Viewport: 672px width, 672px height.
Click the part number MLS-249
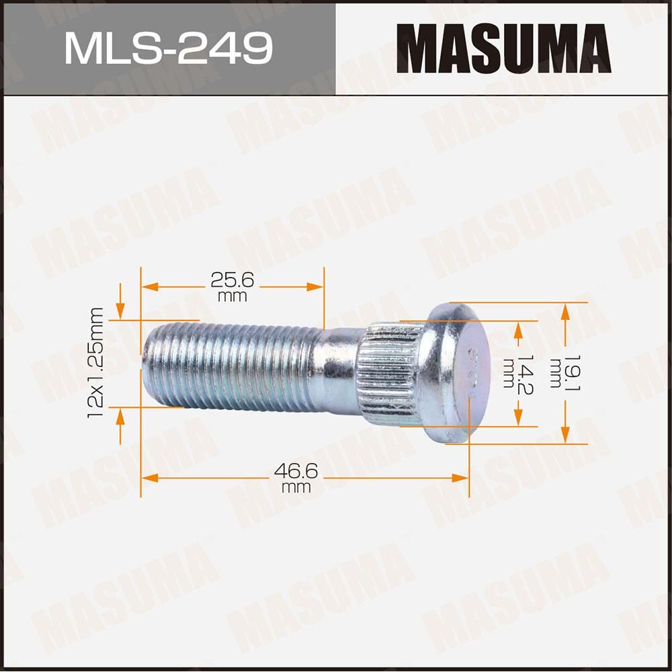(x=168, y=48)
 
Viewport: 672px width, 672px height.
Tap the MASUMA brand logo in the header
(x=503, y=48)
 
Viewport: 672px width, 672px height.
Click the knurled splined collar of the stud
(x=390, y=373)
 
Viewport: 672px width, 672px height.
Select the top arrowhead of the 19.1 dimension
(x=565, y=310)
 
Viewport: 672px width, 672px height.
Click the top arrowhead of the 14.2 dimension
(x=518, y=328)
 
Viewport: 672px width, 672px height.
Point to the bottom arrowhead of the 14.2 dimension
(x=518, y=419)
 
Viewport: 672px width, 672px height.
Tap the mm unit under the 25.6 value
(x=232, y=296)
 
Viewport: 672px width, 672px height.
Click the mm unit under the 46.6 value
(x=296, y=487)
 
